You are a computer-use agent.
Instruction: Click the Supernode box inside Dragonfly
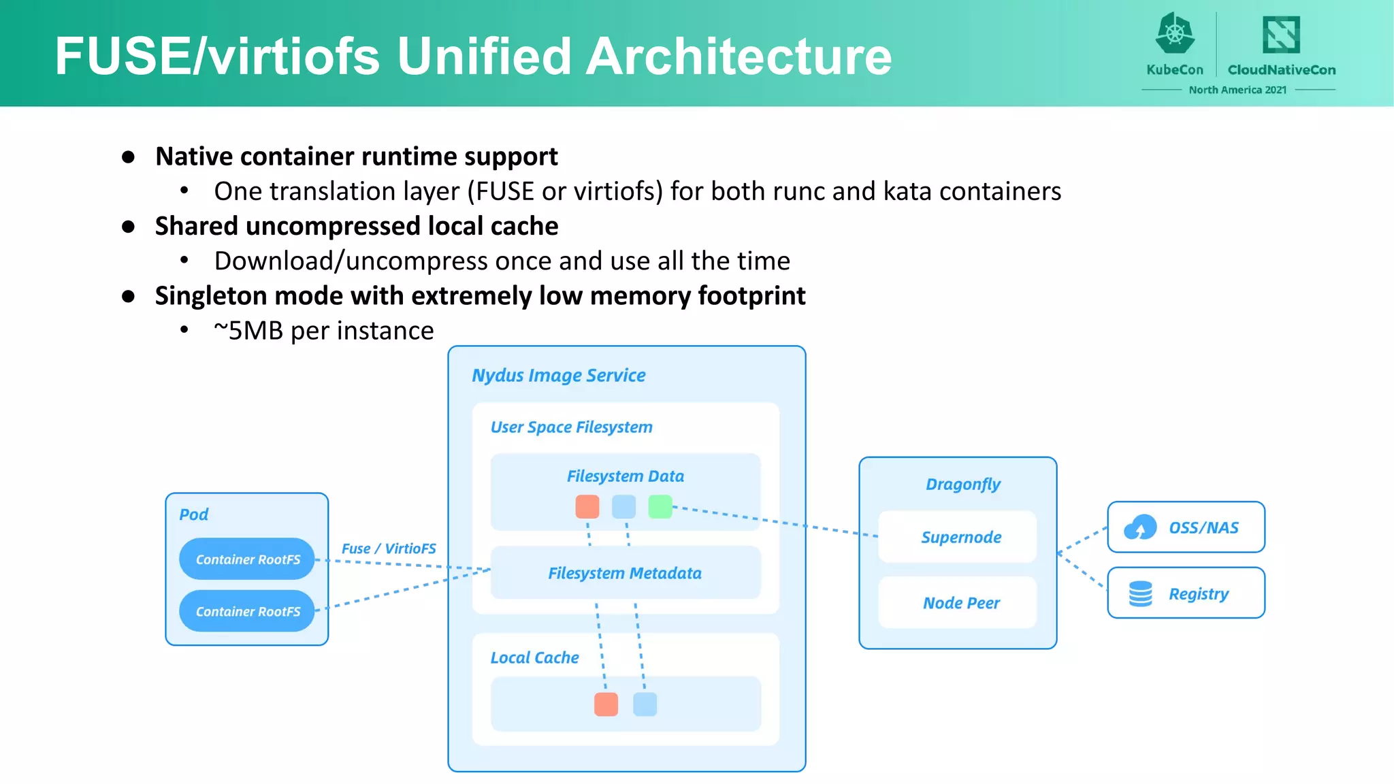pos(960,537)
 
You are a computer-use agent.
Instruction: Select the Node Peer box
pos(960,603)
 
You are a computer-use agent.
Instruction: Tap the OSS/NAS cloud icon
pos(1140,527)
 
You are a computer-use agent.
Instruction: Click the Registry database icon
pos(1140,593)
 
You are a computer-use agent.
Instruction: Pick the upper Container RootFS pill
pos(247,559)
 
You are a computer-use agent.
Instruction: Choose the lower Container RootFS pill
pos(247,611)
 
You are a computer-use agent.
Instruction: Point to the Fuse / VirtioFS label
pos(389,549)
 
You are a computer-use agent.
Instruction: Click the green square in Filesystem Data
pos(660,507)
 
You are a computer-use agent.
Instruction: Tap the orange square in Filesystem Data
pos(587,507)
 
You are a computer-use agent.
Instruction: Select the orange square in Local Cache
pos(606,704)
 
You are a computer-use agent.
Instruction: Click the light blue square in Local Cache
pos(645,704)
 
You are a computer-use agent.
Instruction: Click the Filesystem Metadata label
pos(625,573)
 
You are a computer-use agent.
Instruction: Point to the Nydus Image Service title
pos(559,376)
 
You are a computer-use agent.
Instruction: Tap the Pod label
pos(193,514)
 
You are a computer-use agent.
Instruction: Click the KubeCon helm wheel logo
pos(1175,34)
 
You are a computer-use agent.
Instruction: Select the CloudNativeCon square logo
pos(1281,34)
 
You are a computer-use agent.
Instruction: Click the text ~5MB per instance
pos(324,331)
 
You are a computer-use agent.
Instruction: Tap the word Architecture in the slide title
pos(739,56)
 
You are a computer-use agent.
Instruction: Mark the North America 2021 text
pos(1237,90)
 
